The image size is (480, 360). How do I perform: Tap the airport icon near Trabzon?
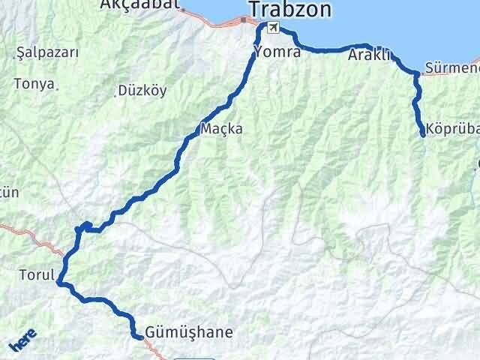(272, 28)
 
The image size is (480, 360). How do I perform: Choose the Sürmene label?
(451, 69)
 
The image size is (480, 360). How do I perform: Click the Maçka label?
(221, 129)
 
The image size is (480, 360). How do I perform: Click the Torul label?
(35, 275)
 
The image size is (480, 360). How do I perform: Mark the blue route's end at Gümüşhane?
(140, 337)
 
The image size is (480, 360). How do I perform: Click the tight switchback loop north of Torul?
(86, 225)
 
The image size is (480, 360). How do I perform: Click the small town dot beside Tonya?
(58, 88)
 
